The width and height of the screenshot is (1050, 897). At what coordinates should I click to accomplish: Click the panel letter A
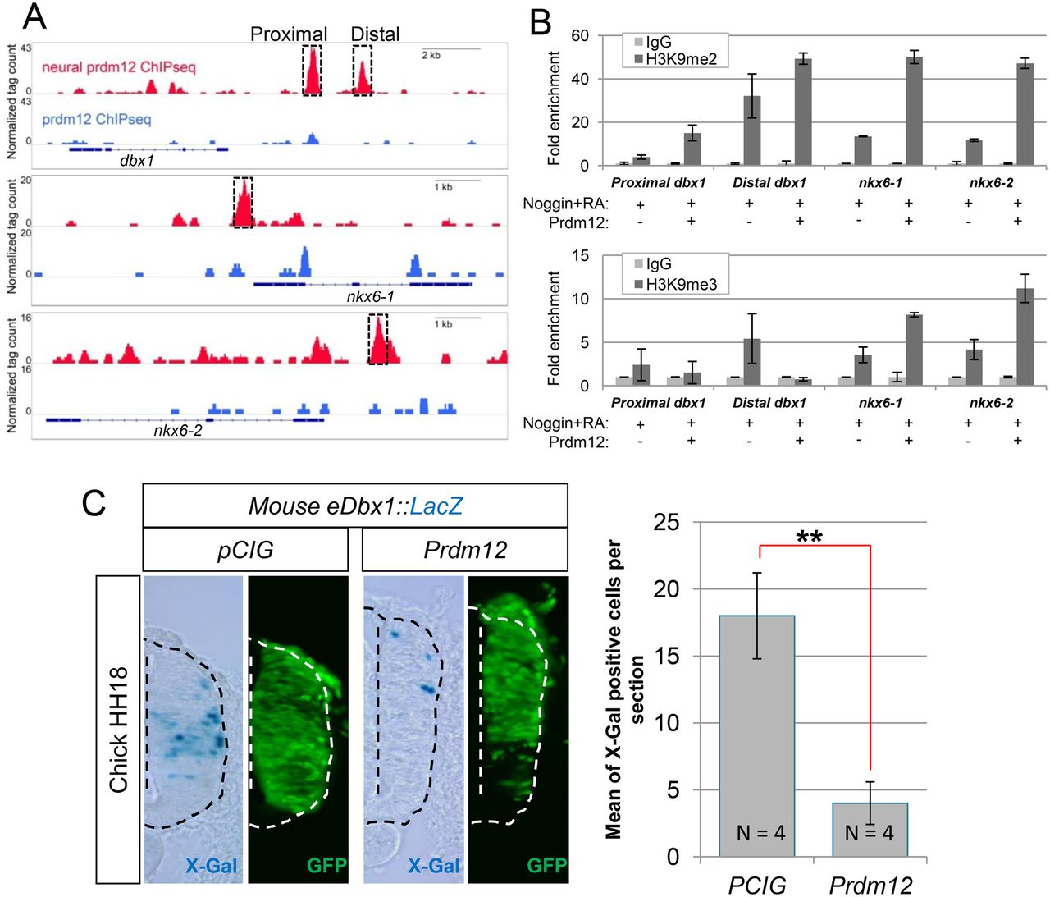coord(34,16)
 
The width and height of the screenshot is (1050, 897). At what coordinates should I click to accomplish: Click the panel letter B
coord(541,21)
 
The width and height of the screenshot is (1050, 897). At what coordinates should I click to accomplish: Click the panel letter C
coord(94,501)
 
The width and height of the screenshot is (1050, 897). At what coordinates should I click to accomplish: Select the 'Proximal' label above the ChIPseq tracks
coord(288,34)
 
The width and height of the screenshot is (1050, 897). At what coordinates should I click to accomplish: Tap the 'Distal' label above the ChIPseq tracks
coord(375,34)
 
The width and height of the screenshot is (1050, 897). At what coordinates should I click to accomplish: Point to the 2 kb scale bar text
coord(431,55)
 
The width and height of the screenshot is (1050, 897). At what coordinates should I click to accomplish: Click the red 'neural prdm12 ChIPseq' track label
coord(119,66)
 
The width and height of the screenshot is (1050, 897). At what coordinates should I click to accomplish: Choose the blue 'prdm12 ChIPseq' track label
coord(97,119)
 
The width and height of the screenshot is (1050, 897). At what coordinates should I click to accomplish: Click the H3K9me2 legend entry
coord(680,58)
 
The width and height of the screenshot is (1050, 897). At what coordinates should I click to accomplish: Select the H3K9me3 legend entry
coord(680,284)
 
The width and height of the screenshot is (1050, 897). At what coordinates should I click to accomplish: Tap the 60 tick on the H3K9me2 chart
coord(580,35)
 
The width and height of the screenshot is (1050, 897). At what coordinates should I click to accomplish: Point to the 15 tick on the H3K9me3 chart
coord(580,256)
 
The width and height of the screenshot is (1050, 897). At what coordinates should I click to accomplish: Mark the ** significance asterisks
coord(809,538)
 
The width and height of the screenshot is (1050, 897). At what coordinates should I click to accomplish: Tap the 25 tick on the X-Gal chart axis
coord(668,522)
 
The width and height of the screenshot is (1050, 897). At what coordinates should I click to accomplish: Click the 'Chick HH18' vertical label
coord(118,730)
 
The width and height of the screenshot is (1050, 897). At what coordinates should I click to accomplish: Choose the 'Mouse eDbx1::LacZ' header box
coord(355,506)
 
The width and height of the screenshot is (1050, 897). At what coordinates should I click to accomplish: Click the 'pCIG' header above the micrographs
coord(245,549)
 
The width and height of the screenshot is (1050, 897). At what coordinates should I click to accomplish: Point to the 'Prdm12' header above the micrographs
coord(465,549)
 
